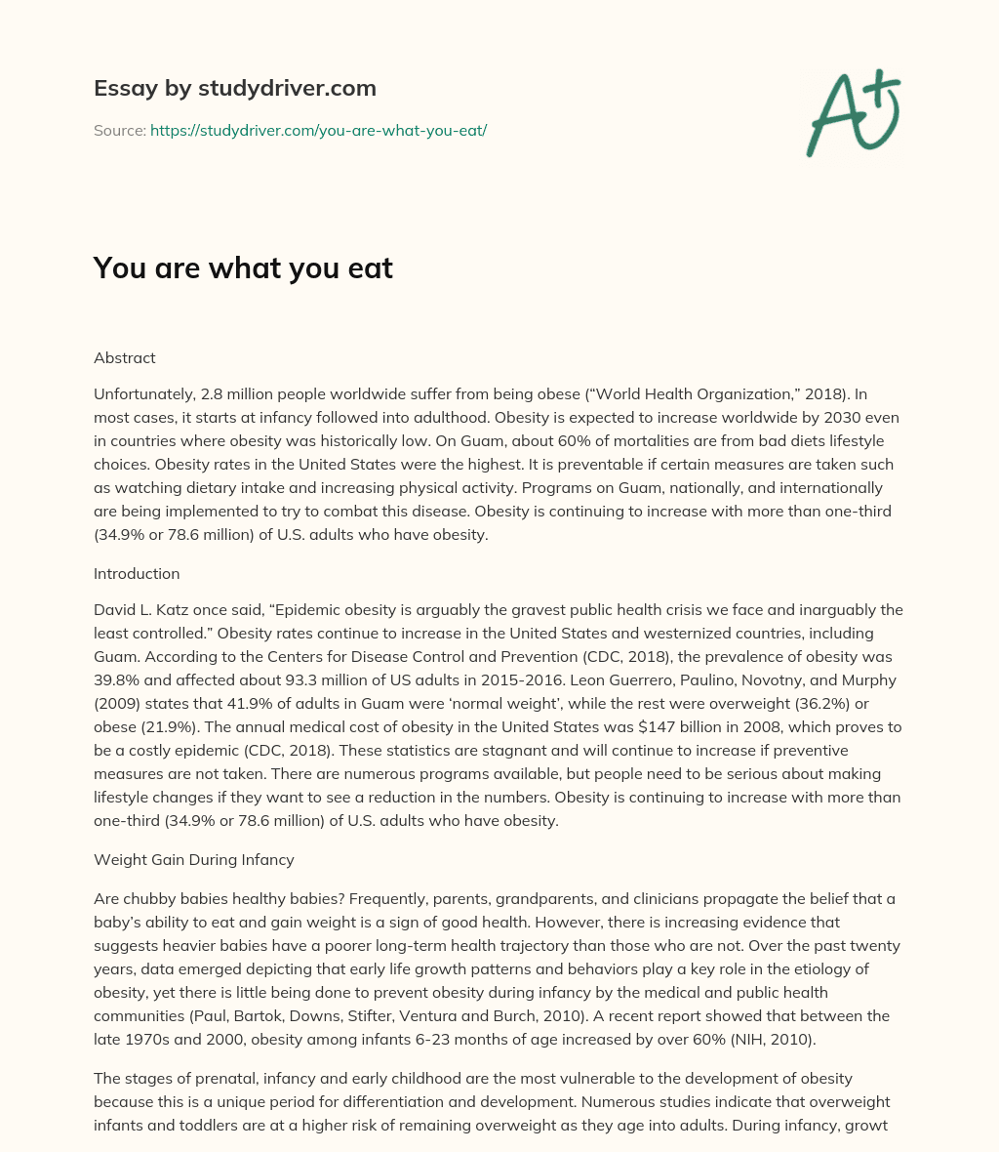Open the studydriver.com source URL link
[318, 130]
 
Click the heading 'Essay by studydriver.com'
[234, 88]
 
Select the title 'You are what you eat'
[243, 268]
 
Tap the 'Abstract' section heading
[124, 357]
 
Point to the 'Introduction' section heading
[137, 573]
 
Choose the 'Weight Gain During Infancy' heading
[193, 860]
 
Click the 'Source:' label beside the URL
[119, 130]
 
